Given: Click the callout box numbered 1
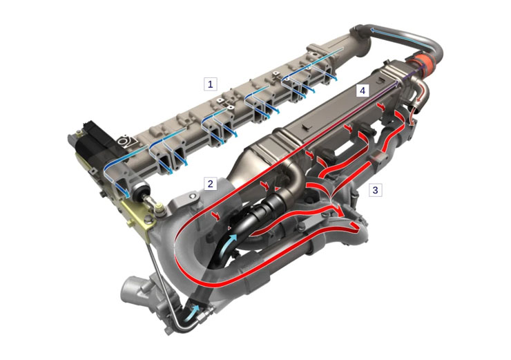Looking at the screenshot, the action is [210, 84].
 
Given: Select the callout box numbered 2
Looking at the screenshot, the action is [210, 184].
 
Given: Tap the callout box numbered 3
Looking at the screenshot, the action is [375, 190].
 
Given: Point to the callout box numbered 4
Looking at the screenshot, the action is [363, 91].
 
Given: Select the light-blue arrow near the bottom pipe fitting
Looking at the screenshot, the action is [194, 312].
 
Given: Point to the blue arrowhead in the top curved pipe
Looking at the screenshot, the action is [373, 30].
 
